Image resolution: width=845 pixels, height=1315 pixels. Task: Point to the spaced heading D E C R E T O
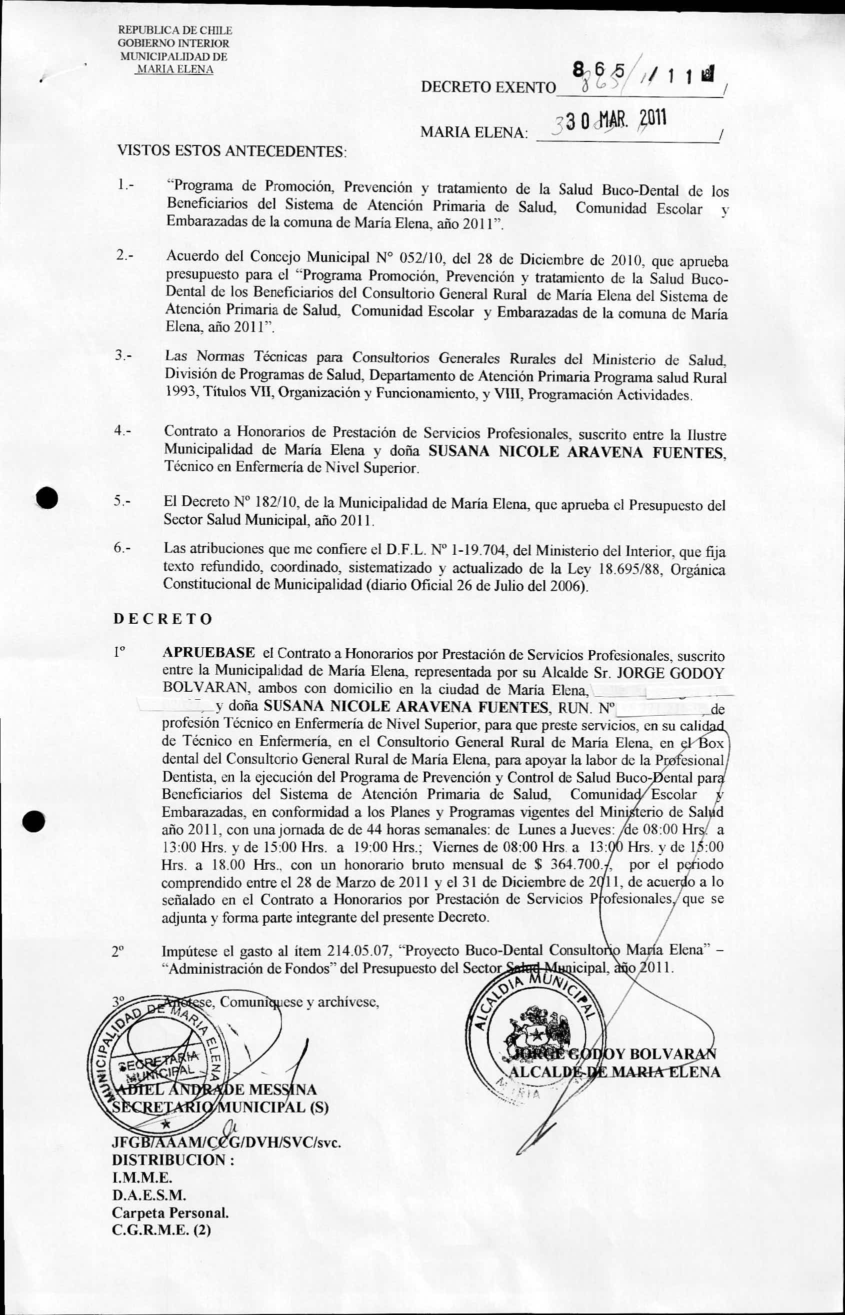pos(162,619)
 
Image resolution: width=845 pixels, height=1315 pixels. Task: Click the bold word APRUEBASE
pos(208,653)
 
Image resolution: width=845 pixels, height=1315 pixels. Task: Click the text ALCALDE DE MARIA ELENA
pos(614,1072)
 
